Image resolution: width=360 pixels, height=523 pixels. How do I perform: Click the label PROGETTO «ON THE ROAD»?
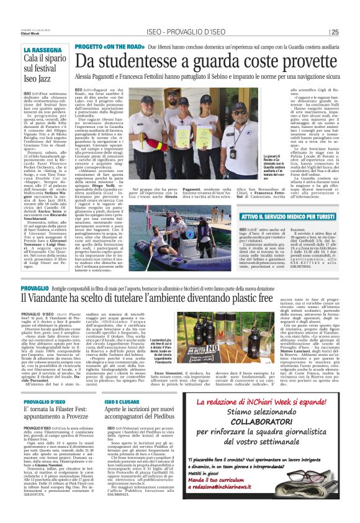pos(109,47)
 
